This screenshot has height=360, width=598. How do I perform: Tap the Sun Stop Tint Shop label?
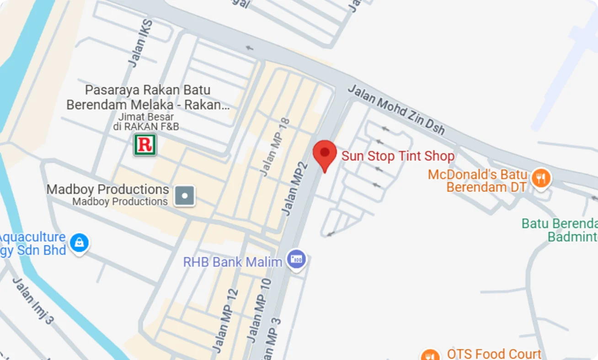[398, 156]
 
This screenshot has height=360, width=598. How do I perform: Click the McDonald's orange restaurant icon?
[541, 178]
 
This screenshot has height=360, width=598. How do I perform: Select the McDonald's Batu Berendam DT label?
[477, 181]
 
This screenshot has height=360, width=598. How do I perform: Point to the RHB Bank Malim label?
[233, 262]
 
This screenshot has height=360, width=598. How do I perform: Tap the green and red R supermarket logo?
[145, 145]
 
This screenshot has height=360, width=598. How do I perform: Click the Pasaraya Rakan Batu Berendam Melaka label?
[148, 97]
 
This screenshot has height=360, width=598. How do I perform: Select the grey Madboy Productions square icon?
[185, 196]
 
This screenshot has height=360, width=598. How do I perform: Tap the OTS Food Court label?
[494, 354]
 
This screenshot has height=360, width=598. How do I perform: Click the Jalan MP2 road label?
[294, 187]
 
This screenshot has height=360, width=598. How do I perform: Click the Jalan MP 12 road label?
[226, 320]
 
